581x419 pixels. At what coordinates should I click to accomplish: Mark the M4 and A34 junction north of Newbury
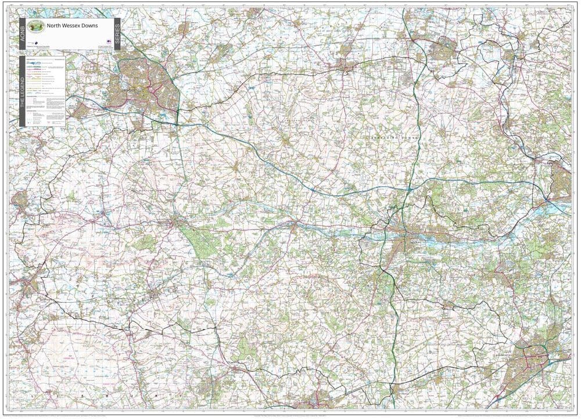pyautogui.click(x=409, y=189)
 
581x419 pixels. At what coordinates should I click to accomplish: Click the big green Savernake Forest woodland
pyautogui.click(x=198, y=238)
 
